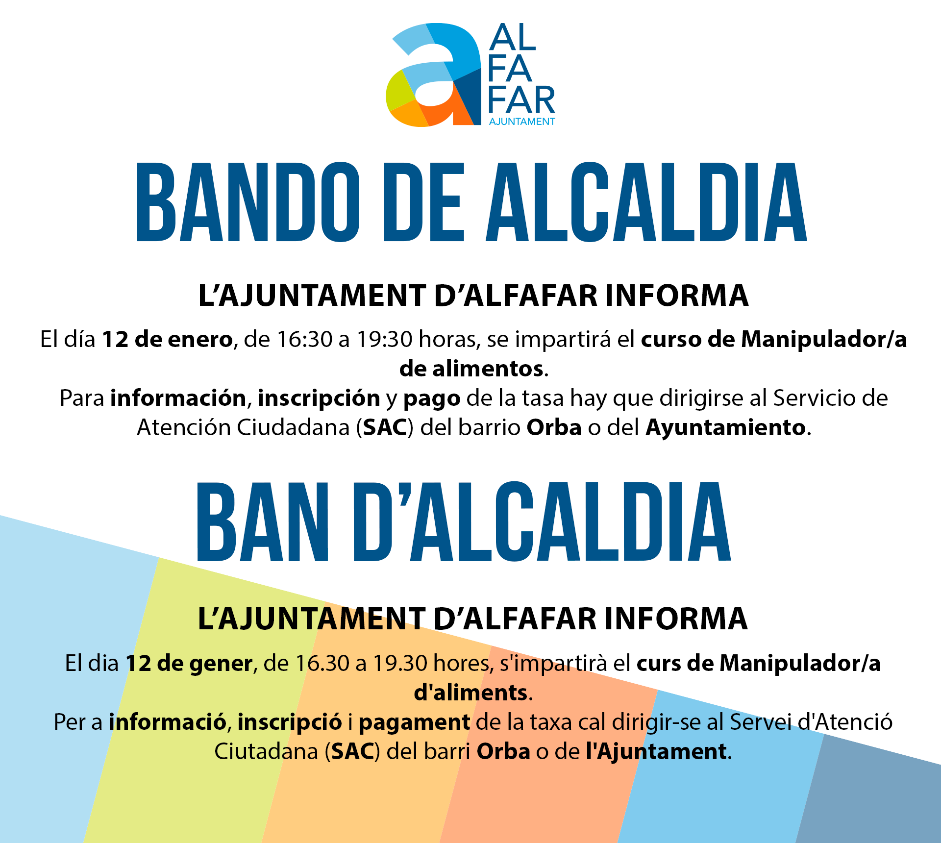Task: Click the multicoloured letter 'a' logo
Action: pos(434,74)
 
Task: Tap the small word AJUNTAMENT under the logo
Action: pos(522,122)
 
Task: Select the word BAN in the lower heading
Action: pos(262,521)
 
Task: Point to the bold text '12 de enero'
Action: pos(167,339)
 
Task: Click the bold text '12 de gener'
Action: pos(189,663)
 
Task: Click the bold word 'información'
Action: pos(178,398)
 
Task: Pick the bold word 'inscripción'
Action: pos(319,398)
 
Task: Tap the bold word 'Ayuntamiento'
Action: pos(726,428)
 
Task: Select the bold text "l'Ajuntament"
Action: pos(656,751)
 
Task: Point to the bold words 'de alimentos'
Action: pos(471,369)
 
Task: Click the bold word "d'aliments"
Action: pos(470,693)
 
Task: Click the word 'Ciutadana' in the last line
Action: pos(266,751)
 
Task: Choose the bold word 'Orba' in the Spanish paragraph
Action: pos(554,428)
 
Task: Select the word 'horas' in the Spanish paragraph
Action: pos(449,339)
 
